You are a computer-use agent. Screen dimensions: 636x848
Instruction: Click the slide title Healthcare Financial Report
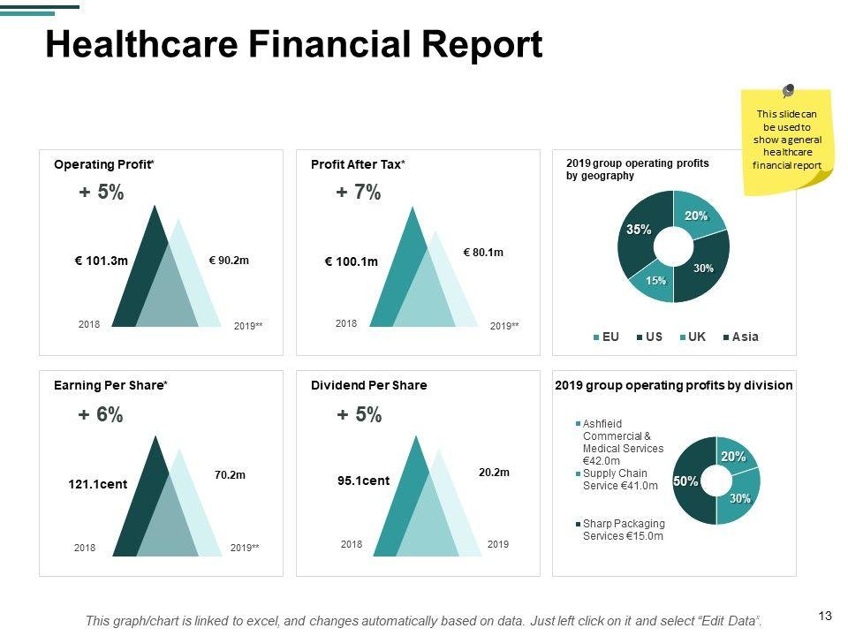tap(293, 44)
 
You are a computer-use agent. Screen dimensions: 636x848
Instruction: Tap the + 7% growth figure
tap(359, 193)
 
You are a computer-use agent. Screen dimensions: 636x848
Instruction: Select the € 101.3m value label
tap(102, 261)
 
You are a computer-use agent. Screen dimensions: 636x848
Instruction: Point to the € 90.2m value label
tap(229, 261)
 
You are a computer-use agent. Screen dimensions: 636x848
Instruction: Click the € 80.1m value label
tap(483, 253)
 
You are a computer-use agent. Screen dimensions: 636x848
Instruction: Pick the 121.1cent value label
tap(98, 484)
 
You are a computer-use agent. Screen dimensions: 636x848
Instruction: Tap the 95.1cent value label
tap(363, 481)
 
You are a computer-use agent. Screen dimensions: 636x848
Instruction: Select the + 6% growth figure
tap(101, 415)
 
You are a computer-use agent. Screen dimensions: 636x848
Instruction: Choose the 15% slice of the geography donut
tap(654, 280)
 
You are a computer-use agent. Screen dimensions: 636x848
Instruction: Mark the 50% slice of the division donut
tap(686, 481)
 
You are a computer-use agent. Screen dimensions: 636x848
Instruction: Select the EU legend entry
tap(606, 337)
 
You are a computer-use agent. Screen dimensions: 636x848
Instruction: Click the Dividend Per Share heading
tap(368, 385)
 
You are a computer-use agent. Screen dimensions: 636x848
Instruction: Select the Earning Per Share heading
tap(110, 385)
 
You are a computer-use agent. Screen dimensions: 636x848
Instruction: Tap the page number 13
tap(826, 616)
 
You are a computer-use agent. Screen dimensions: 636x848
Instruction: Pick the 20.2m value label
tap(494, 473)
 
